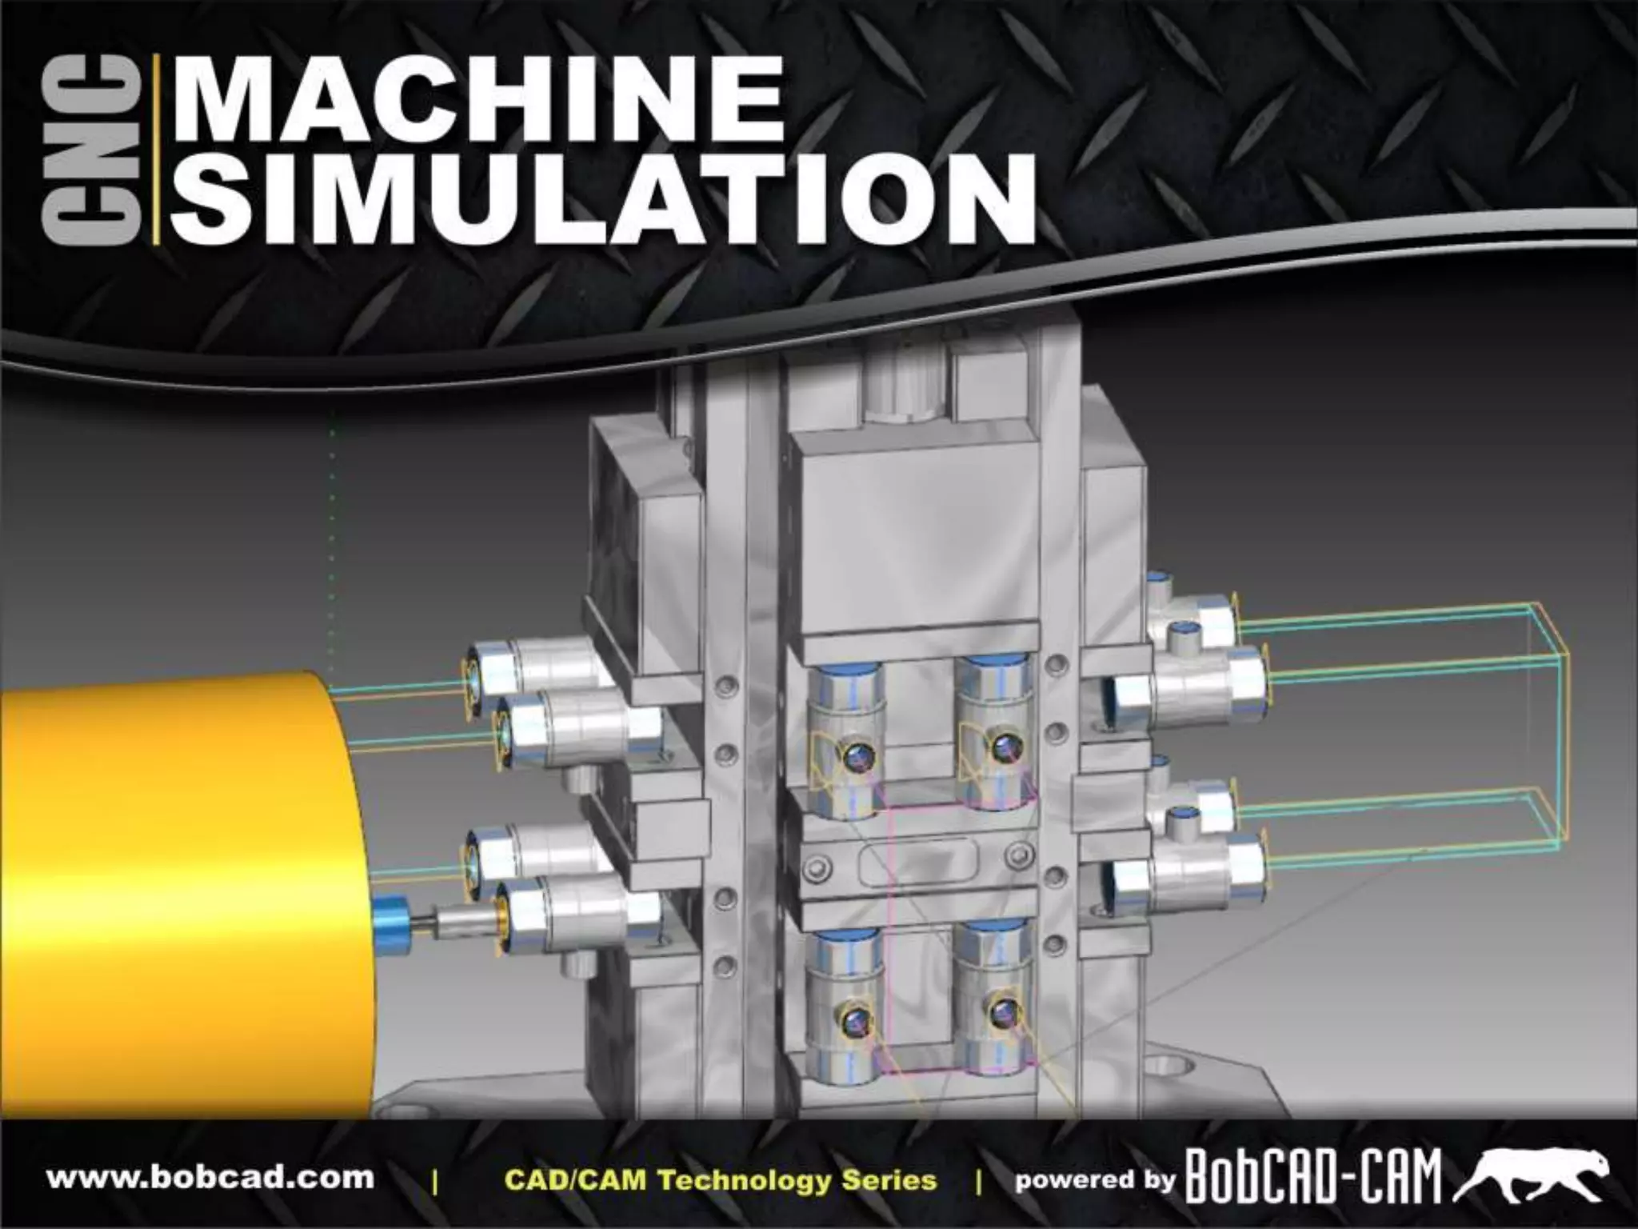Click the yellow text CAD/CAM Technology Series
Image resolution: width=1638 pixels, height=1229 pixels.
(721, 1179)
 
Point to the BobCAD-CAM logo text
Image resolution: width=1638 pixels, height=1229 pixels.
(1312, 1177)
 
